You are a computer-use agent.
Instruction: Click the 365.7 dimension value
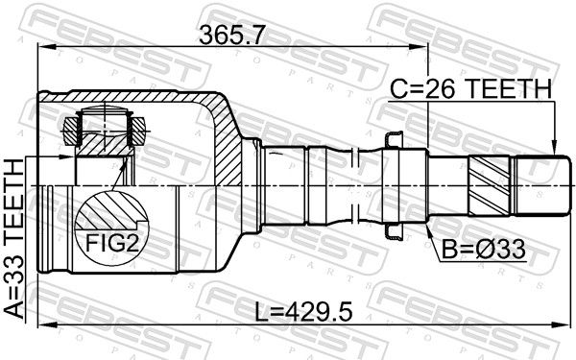tap(231, 36)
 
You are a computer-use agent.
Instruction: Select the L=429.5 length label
tap(303, 313)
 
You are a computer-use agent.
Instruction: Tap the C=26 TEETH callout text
tap(471, 88)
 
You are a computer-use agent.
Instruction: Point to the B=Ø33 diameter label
tap(484, 250)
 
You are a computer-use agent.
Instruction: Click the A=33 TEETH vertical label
tap(14, 238)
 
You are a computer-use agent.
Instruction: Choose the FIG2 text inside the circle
tap(112, 243)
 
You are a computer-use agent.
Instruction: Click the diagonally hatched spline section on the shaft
tap(490, 186)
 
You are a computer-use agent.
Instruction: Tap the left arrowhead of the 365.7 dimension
tap(47, 47)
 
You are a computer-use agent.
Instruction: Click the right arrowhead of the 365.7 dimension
tap(420, 47)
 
